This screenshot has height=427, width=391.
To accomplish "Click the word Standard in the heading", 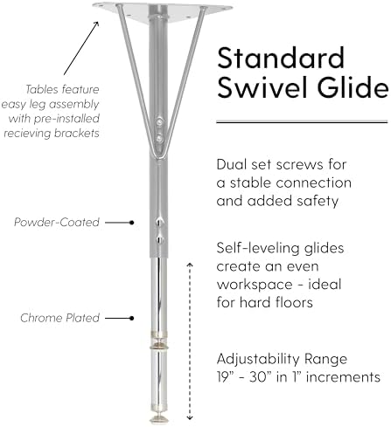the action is pos(281,58).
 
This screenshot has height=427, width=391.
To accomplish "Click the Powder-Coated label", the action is pos(57,222).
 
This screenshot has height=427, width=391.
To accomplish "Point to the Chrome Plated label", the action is pos(60,318).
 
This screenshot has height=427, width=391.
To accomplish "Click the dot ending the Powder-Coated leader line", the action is pos(132,223).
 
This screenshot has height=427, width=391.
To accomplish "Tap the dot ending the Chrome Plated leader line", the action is pos(132,318).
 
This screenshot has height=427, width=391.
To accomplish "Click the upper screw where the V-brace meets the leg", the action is pos(159,121).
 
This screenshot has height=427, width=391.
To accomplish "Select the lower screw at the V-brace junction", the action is pos(159,139).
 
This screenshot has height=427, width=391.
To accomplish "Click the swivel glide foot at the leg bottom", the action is pos(159,419).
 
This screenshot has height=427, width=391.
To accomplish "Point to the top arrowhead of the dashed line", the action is pos(190,265).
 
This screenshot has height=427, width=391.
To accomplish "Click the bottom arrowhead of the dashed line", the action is pos(190,418).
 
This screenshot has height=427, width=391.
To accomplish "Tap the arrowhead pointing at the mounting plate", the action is pos(96,24).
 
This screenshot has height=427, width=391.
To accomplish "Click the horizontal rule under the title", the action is pos(302,122).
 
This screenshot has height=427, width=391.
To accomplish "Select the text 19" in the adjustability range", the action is pos(224,377).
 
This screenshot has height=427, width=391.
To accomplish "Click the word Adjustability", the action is pos(258,360).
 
